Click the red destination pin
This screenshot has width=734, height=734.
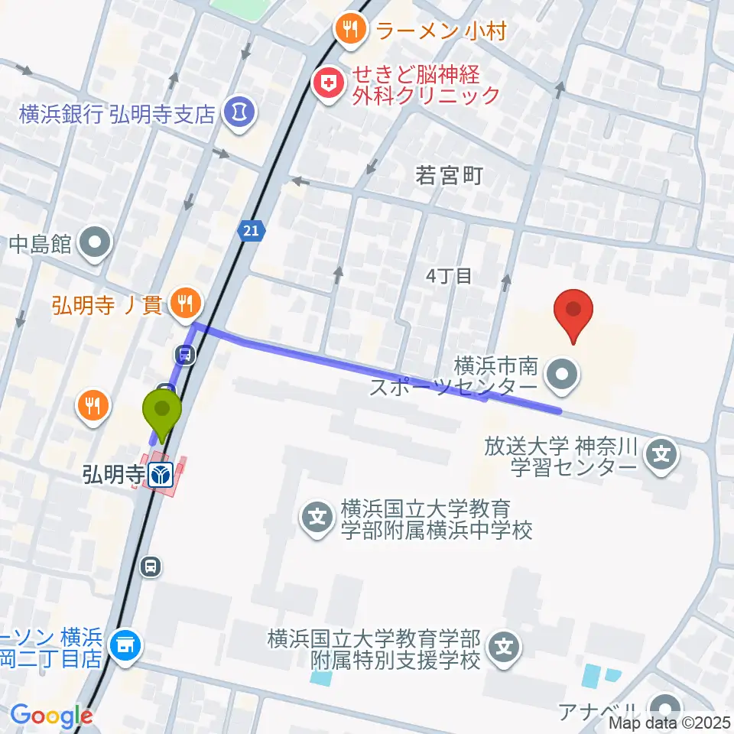(x=577, y=313)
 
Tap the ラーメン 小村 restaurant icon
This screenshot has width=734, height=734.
(x=350, y=30)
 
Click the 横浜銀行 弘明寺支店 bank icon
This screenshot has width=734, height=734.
(x=239, y=113)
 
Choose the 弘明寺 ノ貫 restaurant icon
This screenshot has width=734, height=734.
(x=183, y=304)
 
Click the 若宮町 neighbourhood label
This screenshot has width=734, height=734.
(x=449, y=177)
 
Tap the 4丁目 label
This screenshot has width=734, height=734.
(x=450, y=276)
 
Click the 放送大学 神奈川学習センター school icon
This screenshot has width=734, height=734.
(x=661, y=456)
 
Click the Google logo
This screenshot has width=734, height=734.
(x=51, y=716)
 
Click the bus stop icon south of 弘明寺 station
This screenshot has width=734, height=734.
(x=151, y=567)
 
